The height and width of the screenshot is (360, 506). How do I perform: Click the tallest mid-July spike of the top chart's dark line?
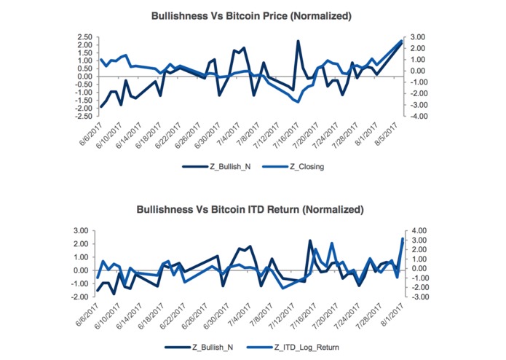[x=298, y=42]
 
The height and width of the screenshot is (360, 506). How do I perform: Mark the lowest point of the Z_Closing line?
[x=298, y=101]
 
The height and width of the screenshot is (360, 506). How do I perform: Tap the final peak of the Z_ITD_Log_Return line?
[x=403, y=239]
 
